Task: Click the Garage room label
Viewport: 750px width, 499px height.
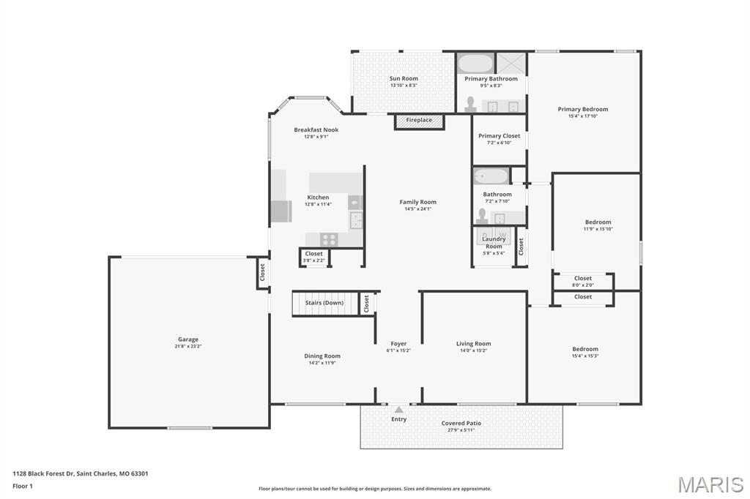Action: (187, 339)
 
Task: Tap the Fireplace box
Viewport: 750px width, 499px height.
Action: (419, 121)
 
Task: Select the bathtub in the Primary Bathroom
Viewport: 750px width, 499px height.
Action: (476, 63)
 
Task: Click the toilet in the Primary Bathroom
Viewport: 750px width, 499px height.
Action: (470, 105)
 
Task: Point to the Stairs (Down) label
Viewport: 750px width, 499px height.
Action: (324, 303)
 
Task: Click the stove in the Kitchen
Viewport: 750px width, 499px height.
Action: (329, 239)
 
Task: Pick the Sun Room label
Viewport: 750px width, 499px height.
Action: (404, 79)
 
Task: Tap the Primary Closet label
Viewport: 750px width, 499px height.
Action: (499, 136)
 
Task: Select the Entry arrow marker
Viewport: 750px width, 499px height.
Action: (398, 410)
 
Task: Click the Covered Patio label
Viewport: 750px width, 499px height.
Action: (461, 423)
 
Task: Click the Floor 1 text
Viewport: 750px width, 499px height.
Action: (23, 486)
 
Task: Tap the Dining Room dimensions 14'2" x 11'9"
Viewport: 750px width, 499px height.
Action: (322, 363)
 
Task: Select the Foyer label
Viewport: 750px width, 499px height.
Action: (398, 344)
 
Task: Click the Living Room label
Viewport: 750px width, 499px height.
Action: (473, 344)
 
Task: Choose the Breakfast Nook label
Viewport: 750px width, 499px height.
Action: (316, 130)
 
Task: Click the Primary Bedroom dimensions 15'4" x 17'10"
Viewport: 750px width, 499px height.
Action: (583, 116)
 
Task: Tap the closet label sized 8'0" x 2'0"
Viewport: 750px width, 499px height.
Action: (583, 285)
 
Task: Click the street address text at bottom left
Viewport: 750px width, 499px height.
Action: (81, 473)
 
